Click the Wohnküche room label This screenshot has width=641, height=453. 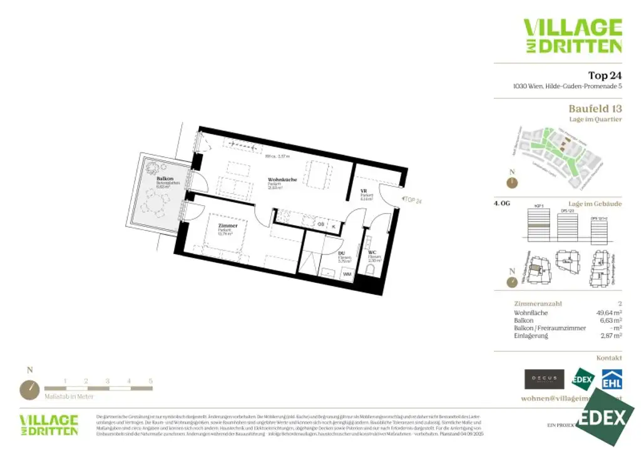point(282,180)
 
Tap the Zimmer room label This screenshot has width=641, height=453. point(228,225)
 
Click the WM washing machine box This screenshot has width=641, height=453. point(346,274)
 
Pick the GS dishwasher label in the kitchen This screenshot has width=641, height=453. point(320,224)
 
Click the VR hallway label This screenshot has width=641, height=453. point(363,191)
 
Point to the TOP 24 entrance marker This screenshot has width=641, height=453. point(413,200)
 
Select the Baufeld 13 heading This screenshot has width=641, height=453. point(595,108)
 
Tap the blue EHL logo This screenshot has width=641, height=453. point(612,379)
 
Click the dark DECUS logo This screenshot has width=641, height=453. point(541,379)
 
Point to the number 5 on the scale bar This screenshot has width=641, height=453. point(150,380)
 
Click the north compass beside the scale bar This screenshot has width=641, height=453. point(29,390)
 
